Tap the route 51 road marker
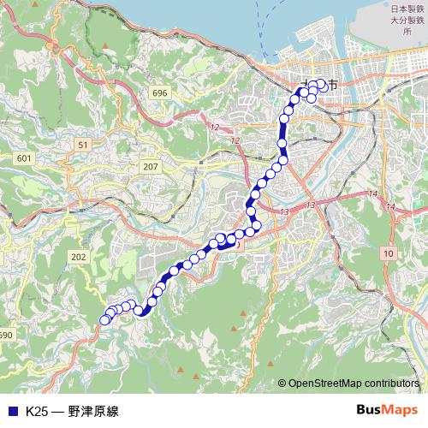tap(83, 146)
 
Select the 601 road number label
tap(24, 159)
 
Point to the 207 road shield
tap(152, 166)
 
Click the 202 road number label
tap(80, 257)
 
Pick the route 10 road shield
tap(389, 254)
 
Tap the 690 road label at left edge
tap(5, 335)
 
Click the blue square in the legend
tap(12, 411)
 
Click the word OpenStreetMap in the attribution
tap(333, 384)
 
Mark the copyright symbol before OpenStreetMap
tap(282, 384)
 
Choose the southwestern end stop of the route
tap(105, 320)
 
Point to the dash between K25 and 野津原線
tap(58, 411)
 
